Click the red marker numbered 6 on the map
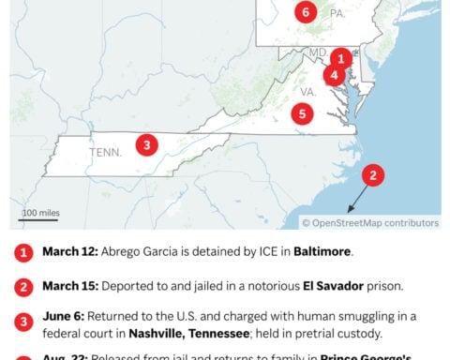point(305,12)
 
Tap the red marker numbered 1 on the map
point(342,57)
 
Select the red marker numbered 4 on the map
point(334,75)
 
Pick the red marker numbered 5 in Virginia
point(301,114)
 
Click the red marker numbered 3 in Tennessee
point(145,144)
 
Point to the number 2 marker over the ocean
point(373,174)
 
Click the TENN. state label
point(105,151)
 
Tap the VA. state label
point(308,93)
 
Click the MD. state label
point(319,52)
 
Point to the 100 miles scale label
point(40,213)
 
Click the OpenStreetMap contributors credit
point(369,222)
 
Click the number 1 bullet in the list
point(22,252)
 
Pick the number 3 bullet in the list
point(22,322)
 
